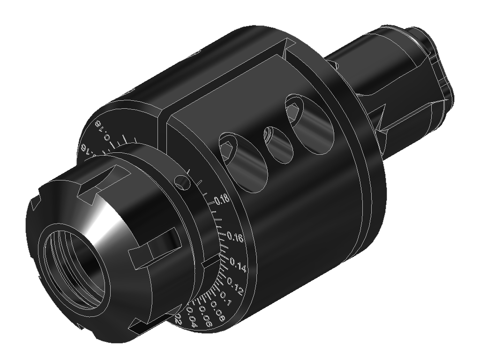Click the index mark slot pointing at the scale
coord(212,260)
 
